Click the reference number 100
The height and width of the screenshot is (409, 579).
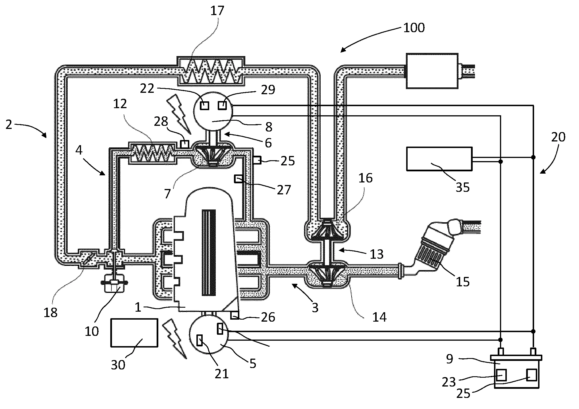coord(414,28)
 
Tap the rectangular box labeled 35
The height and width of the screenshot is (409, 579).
coord(439,159)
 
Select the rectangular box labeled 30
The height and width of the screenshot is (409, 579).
coord(134,333)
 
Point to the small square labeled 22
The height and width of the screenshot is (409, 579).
coord(204,106)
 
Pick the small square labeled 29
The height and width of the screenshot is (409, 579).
coord(223,106)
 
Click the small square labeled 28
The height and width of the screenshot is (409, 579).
coord(184,144)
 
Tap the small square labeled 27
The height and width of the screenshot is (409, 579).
coord(238,179)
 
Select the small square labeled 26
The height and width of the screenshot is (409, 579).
coord(234,315)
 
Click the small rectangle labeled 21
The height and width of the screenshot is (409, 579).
coord(200,340)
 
